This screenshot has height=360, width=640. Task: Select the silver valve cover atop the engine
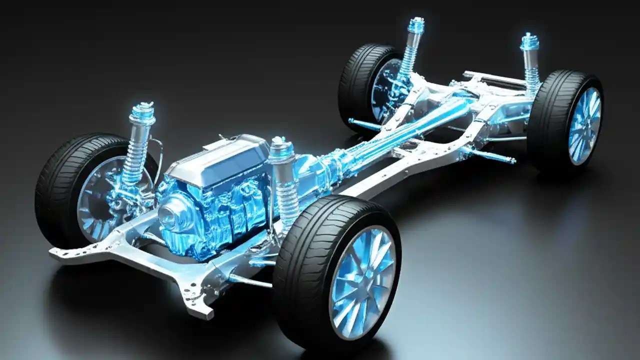(x=220, y=157)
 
